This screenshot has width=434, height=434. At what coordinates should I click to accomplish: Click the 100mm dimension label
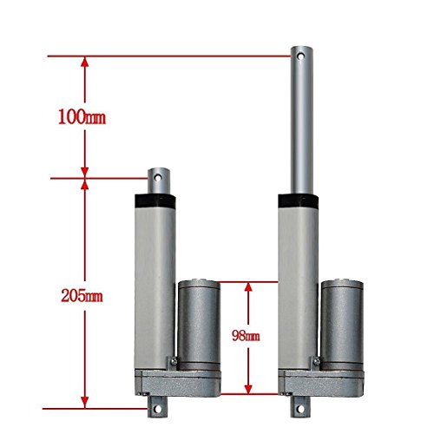coord(82,117)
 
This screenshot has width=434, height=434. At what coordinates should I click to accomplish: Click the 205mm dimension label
coord(82,296)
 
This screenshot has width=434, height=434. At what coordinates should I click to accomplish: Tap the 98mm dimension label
coord(246,336)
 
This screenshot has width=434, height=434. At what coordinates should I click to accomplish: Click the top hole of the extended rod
coord(301,56)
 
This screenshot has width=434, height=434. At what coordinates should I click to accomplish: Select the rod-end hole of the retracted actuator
coord(158,177)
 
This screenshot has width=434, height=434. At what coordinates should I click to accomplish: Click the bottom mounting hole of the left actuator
coord(157,409)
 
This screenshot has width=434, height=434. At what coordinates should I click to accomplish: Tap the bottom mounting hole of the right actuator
coord(300,409)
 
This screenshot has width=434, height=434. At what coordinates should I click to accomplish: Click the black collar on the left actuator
coord(155,201)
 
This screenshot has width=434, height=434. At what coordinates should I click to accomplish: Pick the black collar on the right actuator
coord(299,201)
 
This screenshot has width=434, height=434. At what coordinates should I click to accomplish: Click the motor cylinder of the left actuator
coord(199,325)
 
